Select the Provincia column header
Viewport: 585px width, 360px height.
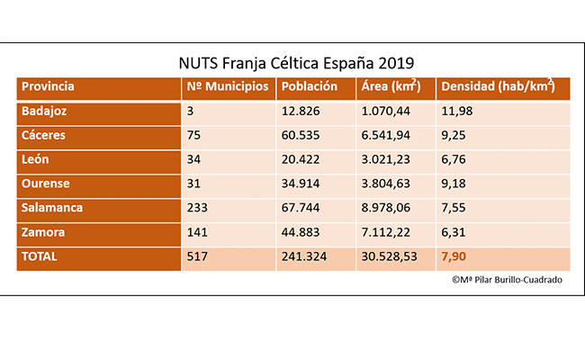pos(48,87)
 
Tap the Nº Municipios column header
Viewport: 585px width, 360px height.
pos(226,87)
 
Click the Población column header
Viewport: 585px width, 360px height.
pos(309,87)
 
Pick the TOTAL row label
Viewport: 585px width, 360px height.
pos(40,256)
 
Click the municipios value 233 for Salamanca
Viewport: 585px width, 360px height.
pos(196,208)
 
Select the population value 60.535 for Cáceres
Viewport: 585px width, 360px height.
pos(301,135)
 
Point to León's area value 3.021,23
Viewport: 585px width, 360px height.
pos(387,159)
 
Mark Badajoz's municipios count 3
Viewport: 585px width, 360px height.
pos(191,111)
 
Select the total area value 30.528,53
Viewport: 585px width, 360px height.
pos(391,256)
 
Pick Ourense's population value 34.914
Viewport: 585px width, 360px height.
pos(301,184)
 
